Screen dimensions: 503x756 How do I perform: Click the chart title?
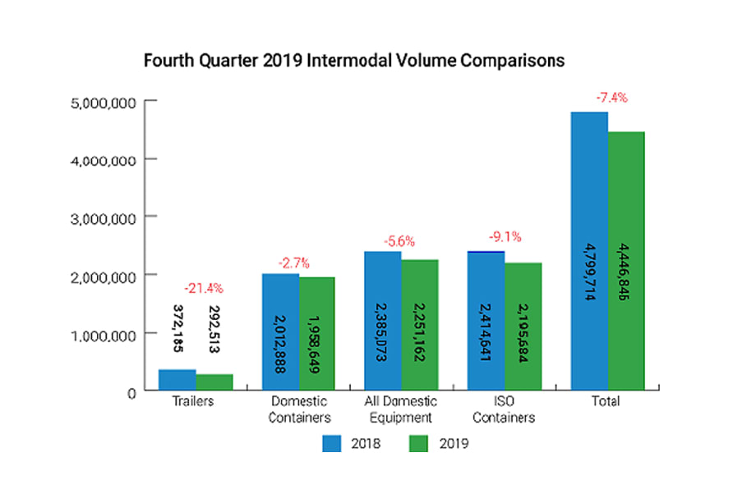(353, 61)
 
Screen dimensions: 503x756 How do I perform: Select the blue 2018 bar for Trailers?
(177, 381)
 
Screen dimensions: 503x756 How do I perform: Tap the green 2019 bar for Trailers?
(214, 383)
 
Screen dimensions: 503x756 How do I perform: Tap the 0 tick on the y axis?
(130, 393)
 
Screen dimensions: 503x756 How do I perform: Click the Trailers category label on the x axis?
(195, 402)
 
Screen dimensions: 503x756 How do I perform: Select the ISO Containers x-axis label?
(505, 409)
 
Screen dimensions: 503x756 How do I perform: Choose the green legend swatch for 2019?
(420, 444)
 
